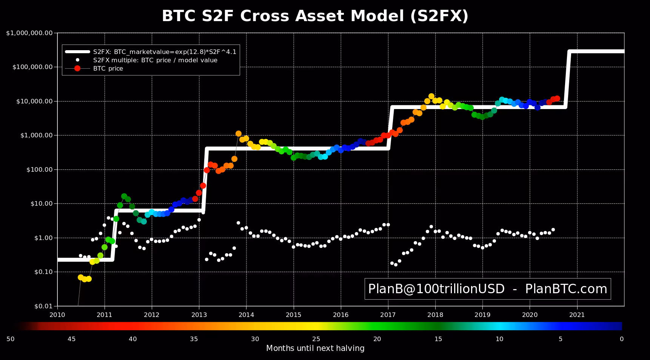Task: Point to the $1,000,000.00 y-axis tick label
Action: (29, 33)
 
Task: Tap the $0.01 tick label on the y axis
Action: (43, 306)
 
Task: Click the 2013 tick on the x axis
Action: (199, 315)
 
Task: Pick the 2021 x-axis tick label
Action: (577, 315)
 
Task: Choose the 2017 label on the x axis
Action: (388, 315)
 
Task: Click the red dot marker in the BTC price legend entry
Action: (77, 68)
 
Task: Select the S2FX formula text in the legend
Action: (165, 52)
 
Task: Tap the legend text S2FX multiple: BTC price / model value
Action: (155, 60)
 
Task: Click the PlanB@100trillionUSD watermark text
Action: (436, 289)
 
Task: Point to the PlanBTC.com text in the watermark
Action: (566, 289)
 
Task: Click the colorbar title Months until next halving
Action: (315, 348)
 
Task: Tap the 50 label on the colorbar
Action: (11, 339)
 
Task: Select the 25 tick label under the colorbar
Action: (316, 339)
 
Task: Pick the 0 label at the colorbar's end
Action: (622, 339)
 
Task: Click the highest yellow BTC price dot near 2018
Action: (431, 96)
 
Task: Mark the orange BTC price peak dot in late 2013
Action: (239, 134)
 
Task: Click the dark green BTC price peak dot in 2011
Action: (124, 196)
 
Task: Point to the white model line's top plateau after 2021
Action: (597, 51)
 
